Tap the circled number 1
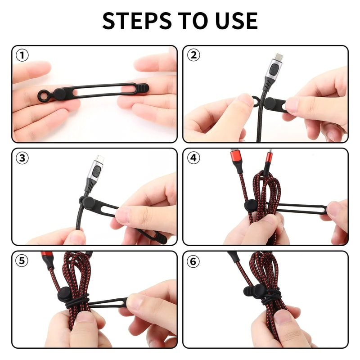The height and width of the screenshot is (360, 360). click(22, 55)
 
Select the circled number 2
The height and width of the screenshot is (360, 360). click(193, 55)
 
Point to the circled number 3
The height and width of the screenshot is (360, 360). click(22, 158)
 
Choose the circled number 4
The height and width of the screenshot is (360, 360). click(193, 158)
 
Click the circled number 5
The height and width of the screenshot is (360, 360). click(22, 261)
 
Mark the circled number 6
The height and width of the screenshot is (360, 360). click(193, 261)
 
